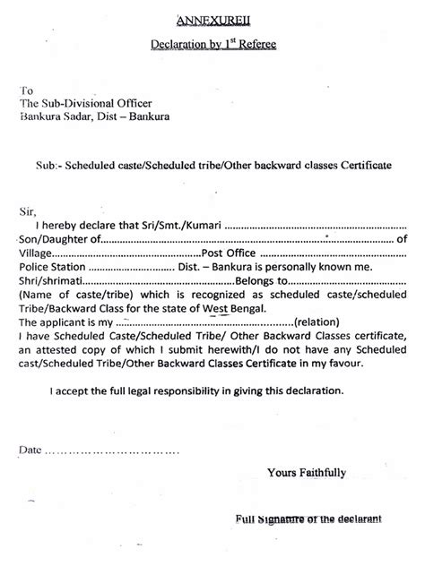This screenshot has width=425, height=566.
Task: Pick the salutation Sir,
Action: click(x=29, y=210)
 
